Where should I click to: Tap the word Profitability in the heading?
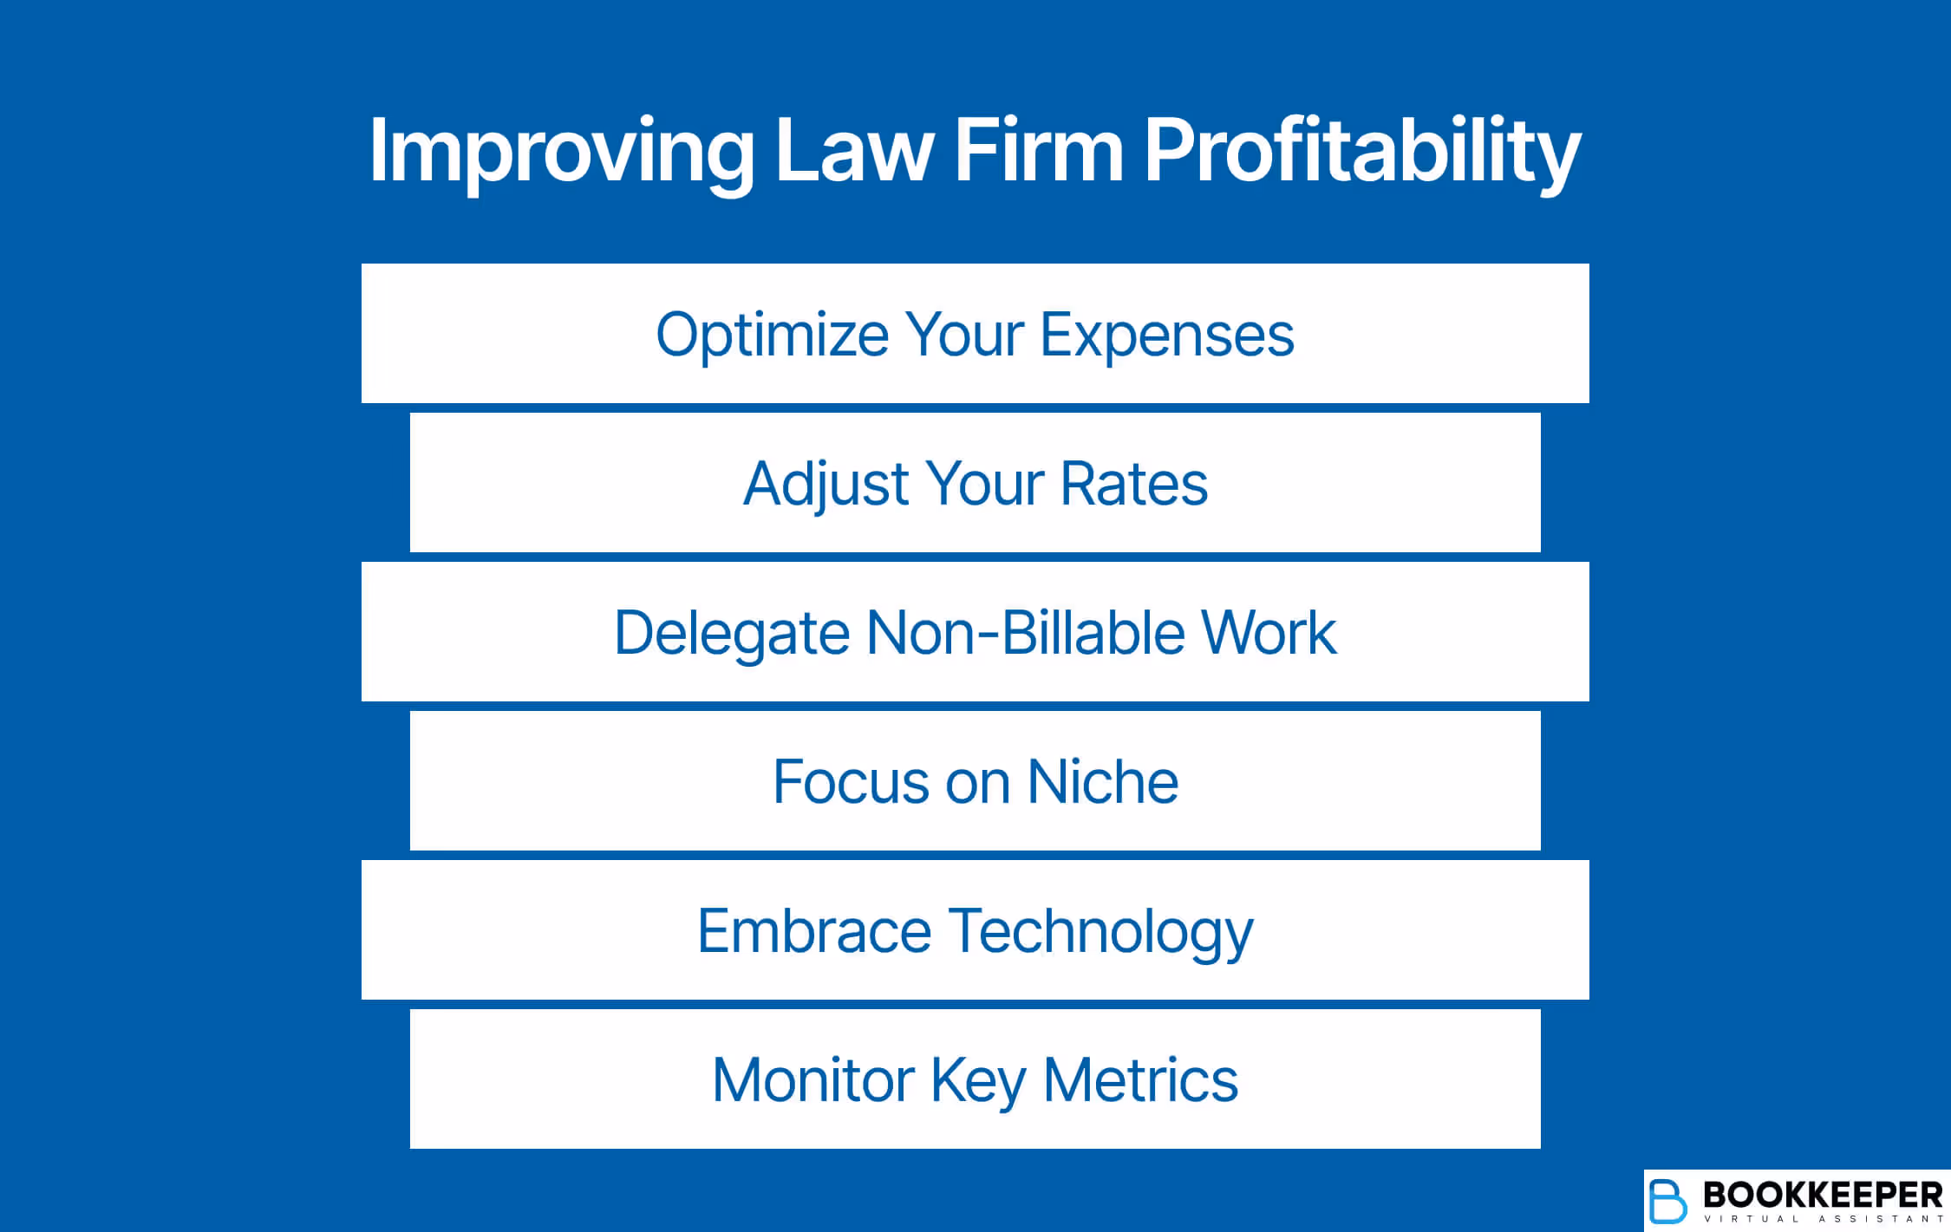[x=1362, y=152]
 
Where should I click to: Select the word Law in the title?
[x=853, y=152]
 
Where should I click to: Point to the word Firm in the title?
[x=1039, y=152]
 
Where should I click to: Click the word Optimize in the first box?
[x=772, y=336]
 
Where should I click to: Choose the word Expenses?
[x=1166, y=336]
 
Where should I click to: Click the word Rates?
[x=1133, y=484]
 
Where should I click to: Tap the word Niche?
[x=1102, y=782]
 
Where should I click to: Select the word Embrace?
[x=814, y=931]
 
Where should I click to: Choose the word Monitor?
[x=812, y=1080]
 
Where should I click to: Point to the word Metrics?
[x=1140, y=1080]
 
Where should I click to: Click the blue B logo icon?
[x=1667, y=1201]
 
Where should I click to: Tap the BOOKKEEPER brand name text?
[x=1823, y=1195]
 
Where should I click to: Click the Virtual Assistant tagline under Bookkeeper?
[x=1823, y=1219]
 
